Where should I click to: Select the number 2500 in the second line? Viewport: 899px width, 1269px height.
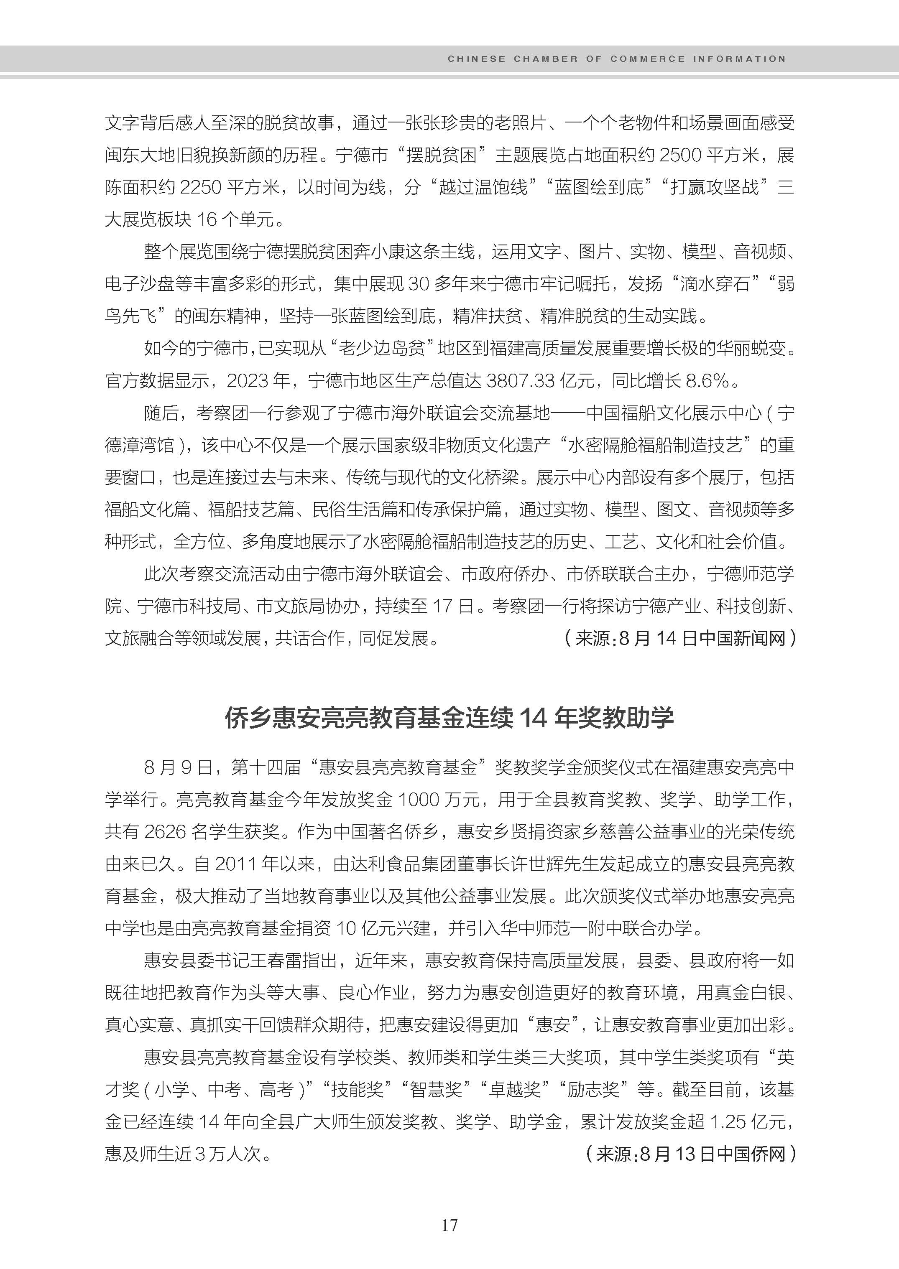coord(680,155)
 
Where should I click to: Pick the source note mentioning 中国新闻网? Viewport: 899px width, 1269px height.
coord(680,639)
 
